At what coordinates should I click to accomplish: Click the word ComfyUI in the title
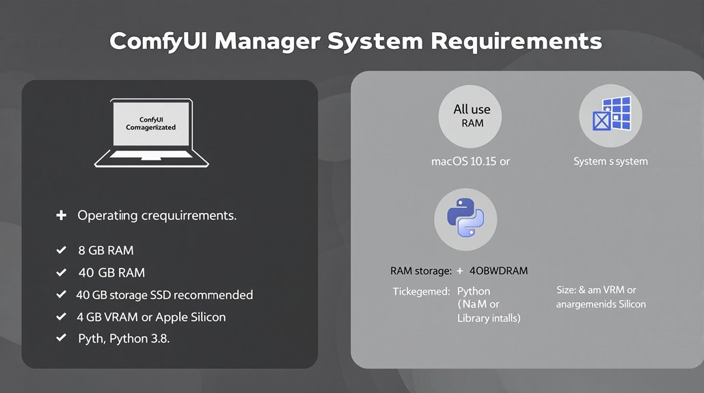(x=159, y=41)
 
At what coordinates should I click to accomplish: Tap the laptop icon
(x=152, y=133)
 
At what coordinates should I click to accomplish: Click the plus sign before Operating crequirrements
(x=61, y=215)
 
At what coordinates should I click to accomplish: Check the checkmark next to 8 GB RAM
(x=61, y=251)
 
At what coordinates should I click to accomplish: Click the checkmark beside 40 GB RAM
(x=61, y=273)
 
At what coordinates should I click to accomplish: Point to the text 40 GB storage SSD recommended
(x=164, y=295)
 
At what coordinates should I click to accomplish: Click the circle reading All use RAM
(x=472, y=116)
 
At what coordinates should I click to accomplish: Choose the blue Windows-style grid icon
(x=610, y=116)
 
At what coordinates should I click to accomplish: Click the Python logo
(x=465, y=219)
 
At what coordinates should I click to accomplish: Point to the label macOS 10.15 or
(x=471, y=162)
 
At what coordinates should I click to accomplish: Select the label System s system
(x=610, y=162)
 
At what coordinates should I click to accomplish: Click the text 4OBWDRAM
(x=498, y=271)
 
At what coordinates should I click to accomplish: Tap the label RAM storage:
(x=416, y=271)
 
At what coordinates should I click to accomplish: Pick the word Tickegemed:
(x=421, y=291)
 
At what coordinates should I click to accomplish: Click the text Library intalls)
(x=489, y=318)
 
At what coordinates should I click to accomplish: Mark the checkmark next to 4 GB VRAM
(x=61, y=317)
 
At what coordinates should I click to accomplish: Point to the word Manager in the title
(x=267, y=41)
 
